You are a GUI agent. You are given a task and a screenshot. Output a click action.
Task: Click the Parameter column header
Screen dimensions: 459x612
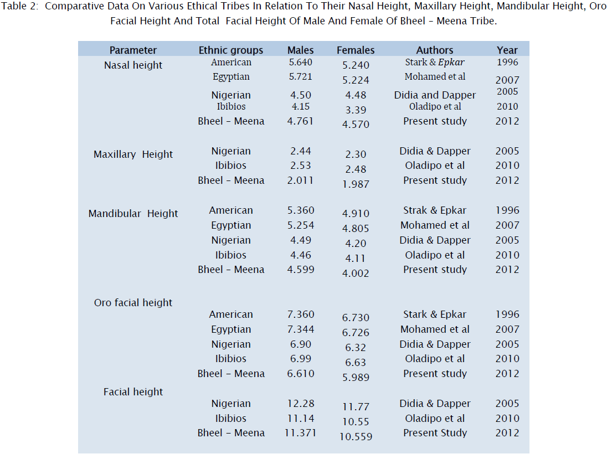click(133, 50)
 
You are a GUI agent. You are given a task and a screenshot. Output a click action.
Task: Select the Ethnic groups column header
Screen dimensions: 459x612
click(231, 50)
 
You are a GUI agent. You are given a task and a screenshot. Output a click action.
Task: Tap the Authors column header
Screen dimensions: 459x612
click(435, 50)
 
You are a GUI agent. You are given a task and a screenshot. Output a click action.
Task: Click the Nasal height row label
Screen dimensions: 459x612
click(133, 65)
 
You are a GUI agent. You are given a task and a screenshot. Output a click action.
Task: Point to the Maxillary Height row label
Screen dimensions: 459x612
click(133, 154)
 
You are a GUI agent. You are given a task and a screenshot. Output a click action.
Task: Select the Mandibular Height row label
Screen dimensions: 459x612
click(133, 214)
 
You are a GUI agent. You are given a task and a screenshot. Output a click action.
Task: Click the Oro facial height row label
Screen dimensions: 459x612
click(133, 303)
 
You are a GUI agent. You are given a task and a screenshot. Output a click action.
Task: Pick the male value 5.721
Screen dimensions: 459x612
click(300, 77)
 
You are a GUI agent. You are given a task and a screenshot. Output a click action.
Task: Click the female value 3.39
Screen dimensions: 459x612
click(356, 110)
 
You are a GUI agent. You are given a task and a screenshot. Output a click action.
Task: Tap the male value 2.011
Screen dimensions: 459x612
click(300, 180)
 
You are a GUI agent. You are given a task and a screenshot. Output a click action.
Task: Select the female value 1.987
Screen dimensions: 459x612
click(356, 184)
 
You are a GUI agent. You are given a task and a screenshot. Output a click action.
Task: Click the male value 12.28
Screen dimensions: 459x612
click(300, 404)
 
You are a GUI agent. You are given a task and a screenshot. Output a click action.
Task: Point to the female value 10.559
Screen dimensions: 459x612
click(356, 437)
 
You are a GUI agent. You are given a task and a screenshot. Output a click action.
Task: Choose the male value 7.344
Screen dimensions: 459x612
click(300, 329)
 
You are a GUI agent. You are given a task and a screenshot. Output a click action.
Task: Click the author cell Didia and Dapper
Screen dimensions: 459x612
click(435, 95)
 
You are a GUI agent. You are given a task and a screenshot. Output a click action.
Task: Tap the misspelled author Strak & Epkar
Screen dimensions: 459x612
click(435, 210)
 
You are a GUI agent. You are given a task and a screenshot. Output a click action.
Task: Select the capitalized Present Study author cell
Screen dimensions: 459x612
click(435, 433)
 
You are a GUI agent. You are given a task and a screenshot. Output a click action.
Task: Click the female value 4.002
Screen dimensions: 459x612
click(356, 274)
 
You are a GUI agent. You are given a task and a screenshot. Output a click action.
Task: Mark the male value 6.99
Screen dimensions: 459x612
click(300, 359)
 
